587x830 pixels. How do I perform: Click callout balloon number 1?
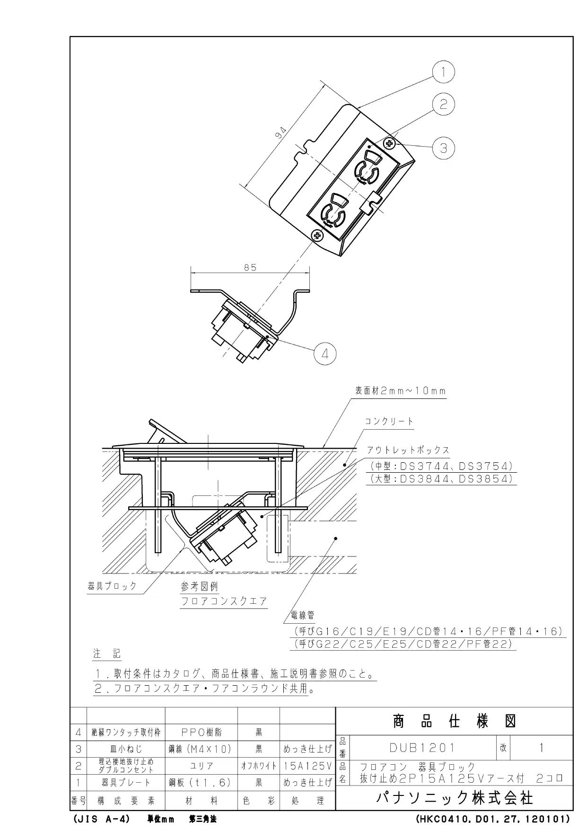pyautogui.click(x=443, y=72)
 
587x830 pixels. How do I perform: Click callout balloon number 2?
pyautogui.click(x=443, y=104)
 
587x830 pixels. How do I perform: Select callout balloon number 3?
pyautogui.click(x=443, y=148)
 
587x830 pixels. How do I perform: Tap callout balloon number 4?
pyautogui.click(x=325, y=353)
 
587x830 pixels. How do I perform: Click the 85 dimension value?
pyautogui.click(x=250, y=267)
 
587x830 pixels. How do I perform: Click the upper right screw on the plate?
pyautogui.click(x=390, y=143)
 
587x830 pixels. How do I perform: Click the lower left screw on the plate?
pyautogui.click(x=317, y=235)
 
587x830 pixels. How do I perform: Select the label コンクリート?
pyautogui.click(x=389, y=421)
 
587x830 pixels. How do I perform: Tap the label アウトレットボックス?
pyautogui.click(x=408, y=450)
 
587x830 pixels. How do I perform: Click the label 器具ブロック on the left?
pyautogui.click(x=112, y=586)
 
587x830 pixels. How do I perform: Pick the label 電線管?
pyautogui.click(x=303, y=615)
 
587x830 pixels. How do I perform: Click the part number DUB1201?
pyautogui.click(x=422, y=748)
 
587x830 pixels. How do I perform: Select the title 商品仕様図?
pyautogui.click(x=454, y=721)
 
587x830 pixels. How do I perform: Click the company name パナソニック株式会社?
pyautogui.click(x=455, y=798)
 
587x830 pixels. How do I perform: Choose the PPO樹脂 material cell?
pyautogui.click(x=202, y=732)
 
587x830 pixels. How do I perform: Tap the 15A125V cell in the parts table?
pyautogui.click(x=308, y=765)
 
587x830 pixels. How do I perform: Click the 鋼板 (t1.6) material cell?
pyautogui.click(x=201, y=783)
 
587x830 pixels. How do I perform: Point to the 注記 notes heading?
pyautogui.click(x=107, y=654)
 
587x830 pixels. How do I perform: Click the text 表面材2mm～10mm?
pyautogui.click(x=401, y=391)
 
